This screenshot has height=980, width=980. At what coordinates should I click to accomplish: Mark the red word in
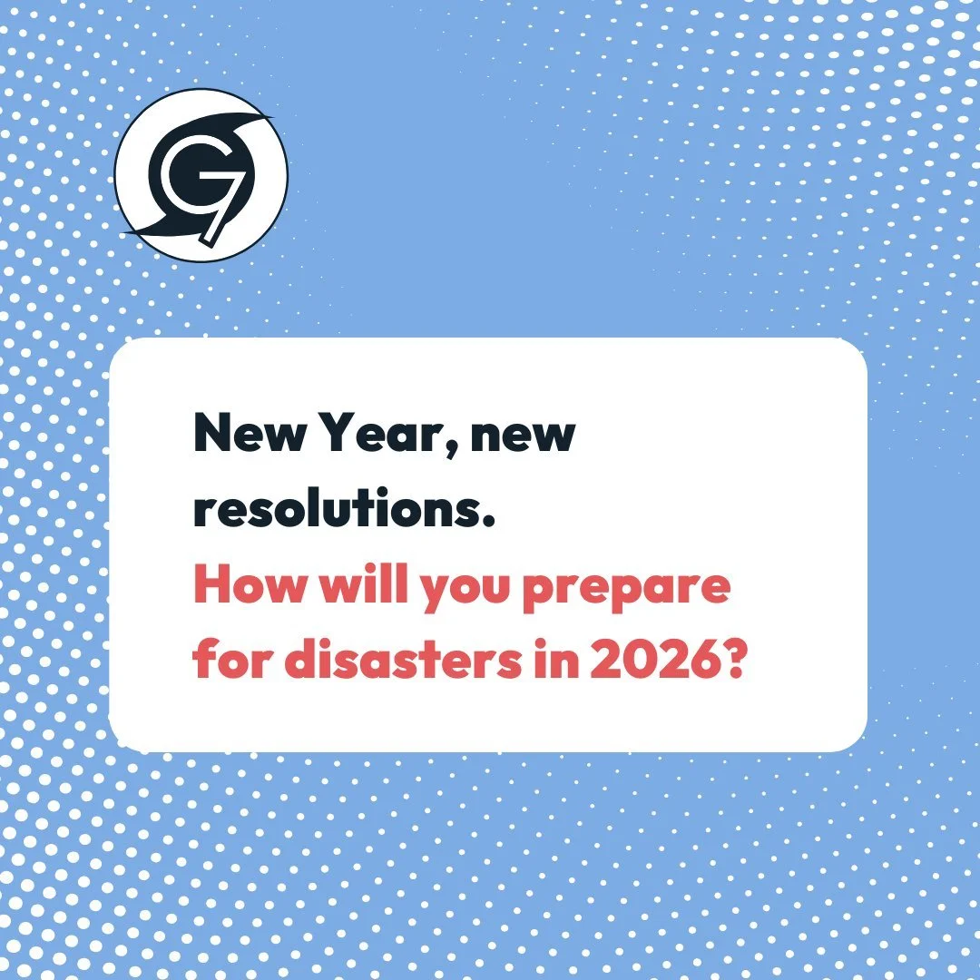point(556,663)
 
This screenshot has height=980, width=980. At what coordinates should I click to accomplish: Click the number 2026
point(654,663)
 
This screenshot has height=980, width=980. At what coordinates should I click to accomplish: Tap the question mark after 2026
point(734,663)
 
